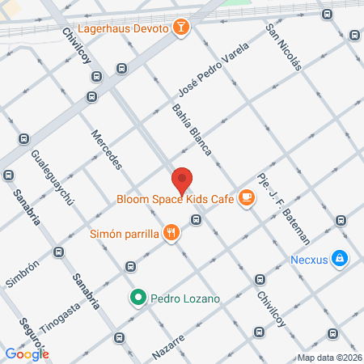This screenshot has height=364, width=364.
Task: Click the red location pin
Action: pos(182,180)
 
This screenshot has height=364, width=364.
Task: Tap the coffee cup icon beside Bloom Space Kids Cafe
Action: pos(247,197)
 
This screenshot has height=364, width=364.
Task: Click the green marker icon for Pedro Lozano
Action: pos(138,298)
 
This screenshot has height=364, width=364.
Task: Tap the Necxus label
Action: pos(311,260)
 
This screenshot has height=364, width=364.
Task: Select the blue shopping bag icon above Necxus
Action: pos(341,258)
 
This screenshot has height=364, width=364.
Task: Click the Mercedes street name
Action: pos(106,150)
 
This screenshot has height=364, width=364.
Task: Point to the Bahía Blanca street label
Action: pos(192,129)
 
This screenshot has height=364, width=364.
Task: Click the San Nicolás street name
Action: pos(284,47)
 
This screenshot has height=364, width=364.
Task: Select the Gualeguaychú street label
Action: pos(52,176)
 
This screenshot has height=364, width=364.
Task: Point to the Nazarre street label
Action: pos(168,353)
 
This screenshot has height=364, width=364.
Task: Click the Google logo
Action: pos(27,353)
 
